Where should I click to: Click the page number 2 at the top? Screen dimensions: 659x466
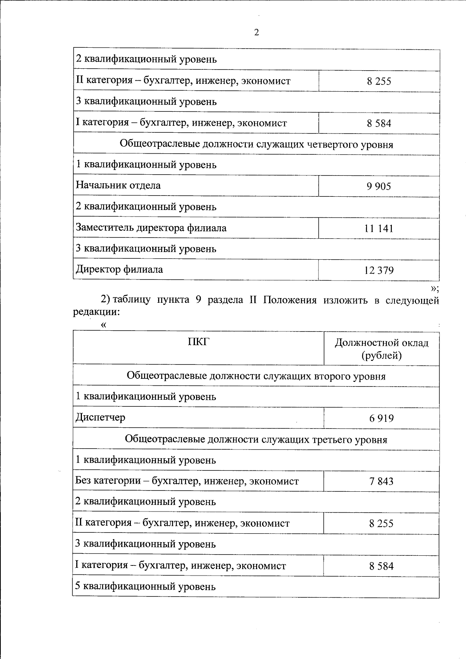tap(256, 33)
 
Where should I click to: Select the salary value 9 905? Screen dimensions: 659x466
tap(379, 186)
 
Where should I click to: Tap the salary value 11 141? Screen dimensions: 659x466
tap(379, 228)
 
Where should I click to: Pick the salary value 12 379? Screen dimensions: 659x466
tap(379, 270)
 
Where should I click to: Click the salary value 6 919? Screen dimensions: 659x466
tap(381, 418)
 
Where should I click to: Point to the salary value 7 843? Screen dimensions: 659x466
tap(381, 482)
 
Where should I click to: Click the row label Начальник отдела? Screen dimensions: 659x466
tap(118, 185)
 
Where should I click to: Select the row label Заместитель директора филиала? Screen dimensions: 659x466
tap(151, 227)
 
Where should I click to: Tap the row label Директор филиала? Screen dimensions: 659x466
tap(119, 269)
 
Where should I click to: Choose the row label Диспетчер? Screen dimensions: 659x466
tap(101, 418)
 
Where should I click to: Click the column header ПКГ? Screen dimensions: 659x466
tap(198, 342)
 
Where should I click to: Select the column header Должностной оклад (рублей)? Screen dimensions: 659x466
tap(381, 349)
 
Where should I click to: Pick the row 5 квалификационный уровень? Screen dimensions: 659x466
tap(145, 586)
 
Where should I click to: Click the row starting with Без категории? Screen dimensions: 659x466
tap(187, 482)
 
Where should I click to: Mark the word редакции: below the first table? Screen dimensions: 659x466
tap(96, 312)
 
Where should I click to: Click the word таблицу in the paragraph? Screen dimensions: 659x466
tap(132, 300)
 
